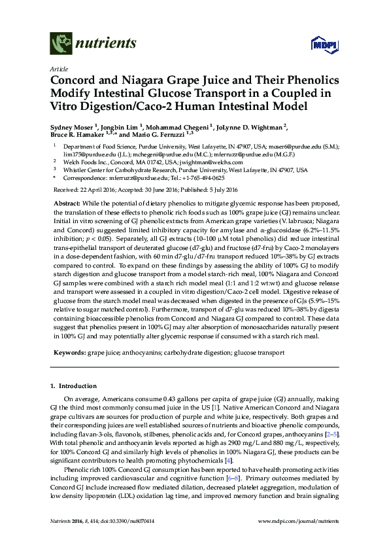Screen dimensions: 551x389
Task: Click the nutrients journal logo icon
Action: pos(61,45)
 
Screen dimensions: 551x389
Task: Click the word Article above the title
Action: pos(58,68)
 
